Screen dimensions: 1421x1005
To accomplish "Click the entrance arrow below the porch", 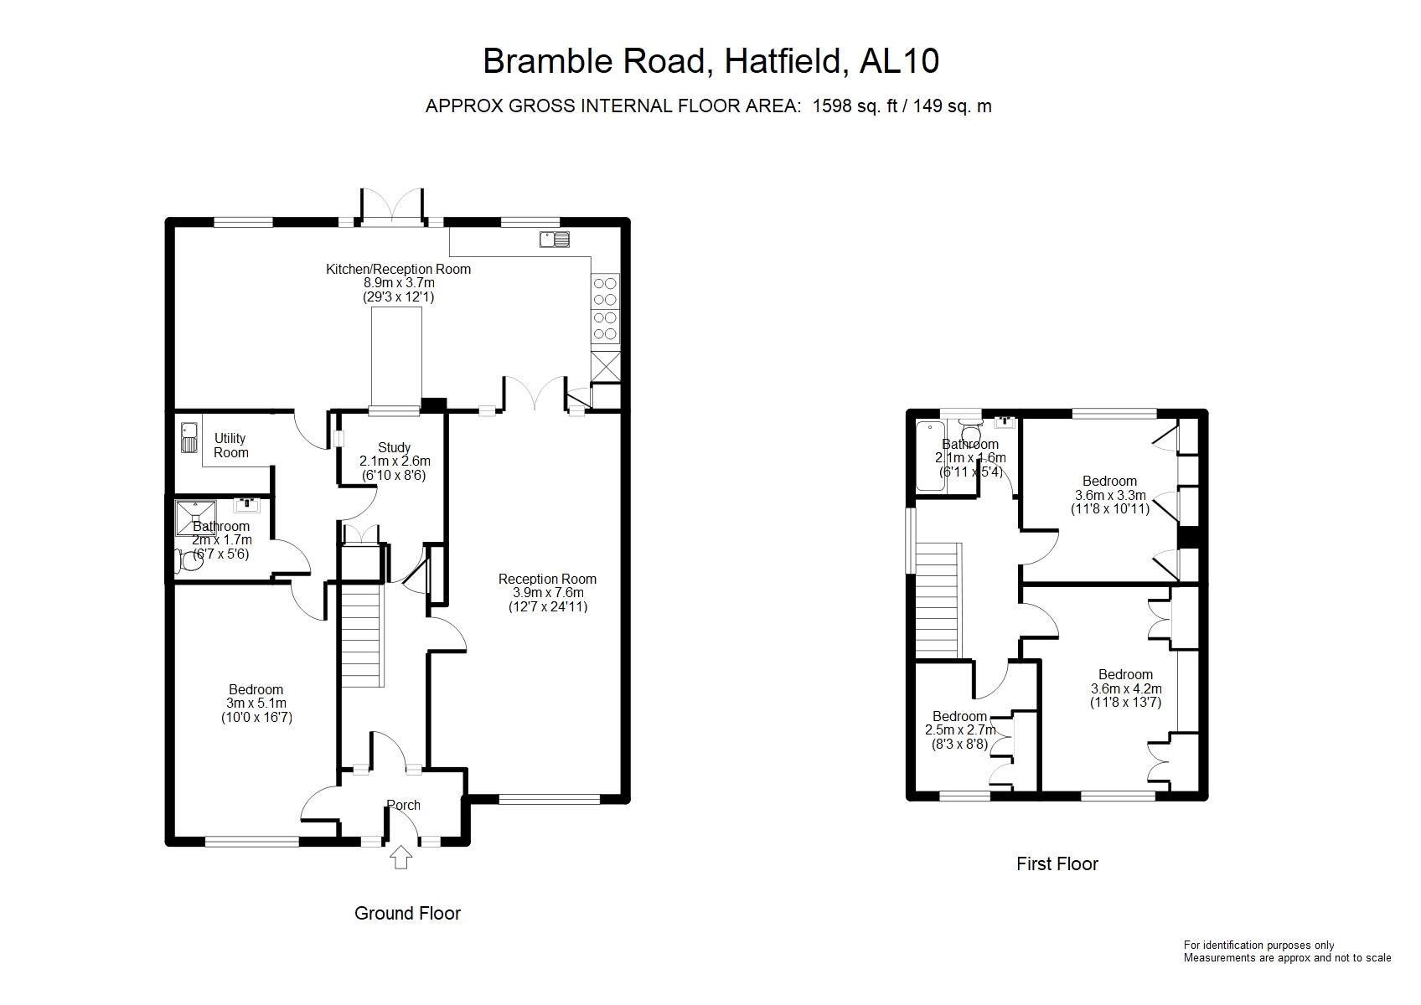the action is [401, 857].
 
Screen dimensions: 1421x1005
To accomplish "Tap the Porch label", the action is [403, 805].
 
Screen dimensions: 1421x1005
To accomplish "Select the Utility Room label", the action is [230, 446].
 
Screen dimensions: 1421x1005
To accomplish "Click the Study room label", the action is [394, 447].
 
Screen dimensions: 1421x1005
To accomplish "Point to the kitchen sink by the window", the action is [555, 240].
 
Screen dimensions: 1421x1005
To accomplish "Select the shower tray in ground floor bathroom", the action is [195, 518].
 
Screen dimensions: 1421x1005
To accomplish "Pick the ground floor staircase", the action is [361, 635].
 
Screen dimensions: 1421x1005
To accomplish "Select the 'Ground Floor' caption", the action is [407, 913].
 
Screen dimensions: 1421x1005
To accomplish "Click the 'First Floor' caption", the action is [1057, 863].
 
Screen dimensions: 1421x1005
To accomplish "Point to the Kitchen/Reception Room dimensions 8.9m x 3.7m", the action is [398, 283].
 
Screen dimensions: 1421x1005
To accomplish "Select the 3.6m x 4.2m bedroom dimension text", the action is [1125, 689].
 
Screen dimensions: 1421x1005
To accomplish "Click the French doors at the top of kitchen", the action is [390, 208].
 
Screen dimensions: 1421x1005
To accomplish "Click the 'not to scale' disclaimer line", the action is [1287, 957].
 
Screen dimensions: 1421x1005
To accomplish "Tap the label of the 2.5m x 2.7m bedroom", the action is [959, 716].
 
